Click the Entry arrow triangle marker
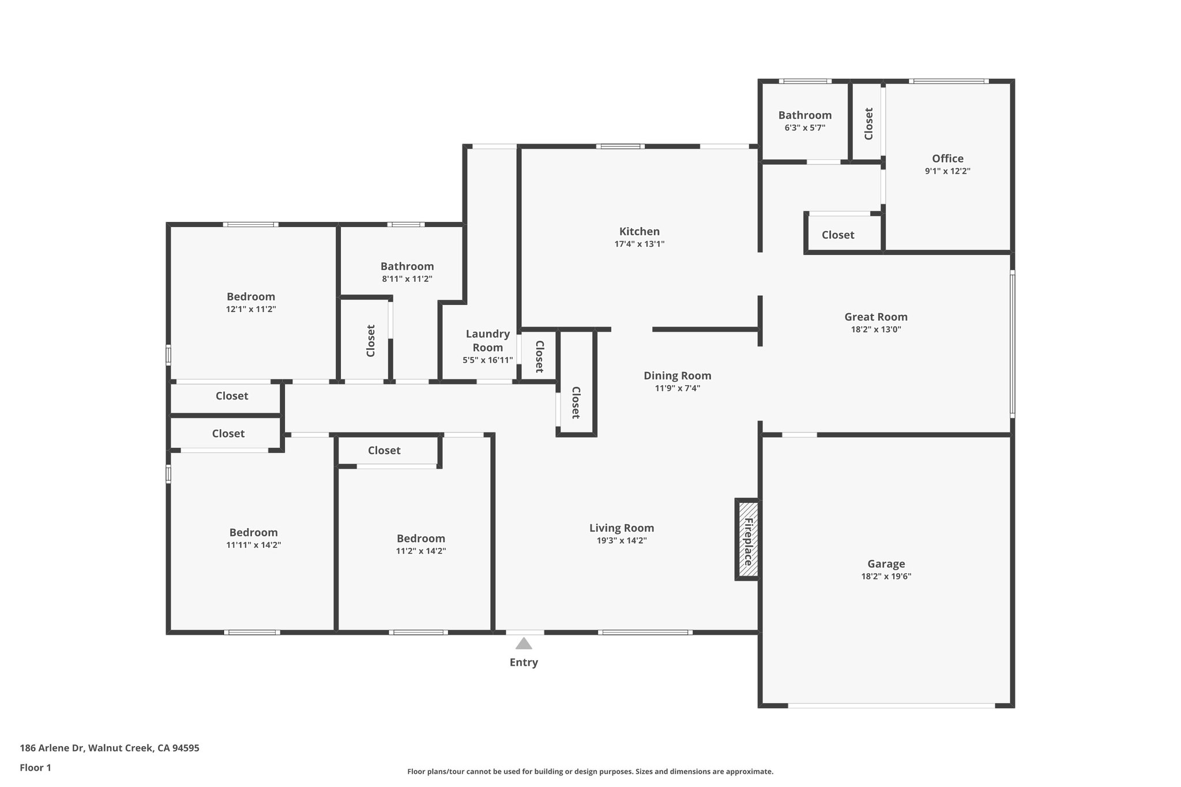click(x=524, y=643)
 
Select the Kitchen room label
click(x=640, y=231)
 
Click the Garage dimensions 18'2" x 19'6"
click(x=886, y=576)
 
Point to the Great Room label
click(x=876, y=317)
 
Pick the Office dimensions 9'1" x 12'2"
click(x=947, y=171)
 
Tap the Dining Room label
click(x=678, y=375)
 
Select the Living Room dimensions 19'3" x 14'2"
click(x=622, y=540)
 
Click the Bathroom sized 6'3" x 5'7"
click(x=805, y=115)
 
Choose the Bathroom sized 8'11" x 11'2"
click(x=407, y=266)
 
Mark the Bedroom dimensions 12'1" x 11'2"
click(x=251, y=309)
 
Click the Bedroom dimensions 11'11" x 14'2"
click(x=254, y=545)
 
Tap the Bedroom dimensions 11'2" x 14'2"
click(x=421, y=551)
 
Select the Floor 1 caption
click(x=36, y=767)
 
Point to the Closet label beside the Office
click(x=868, y=123)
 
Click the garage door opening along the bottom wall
click(x=891, y=705)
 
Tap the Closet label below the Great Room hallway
click(x=838, y=235)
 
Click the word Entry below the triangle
click(x=524, y=662)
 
